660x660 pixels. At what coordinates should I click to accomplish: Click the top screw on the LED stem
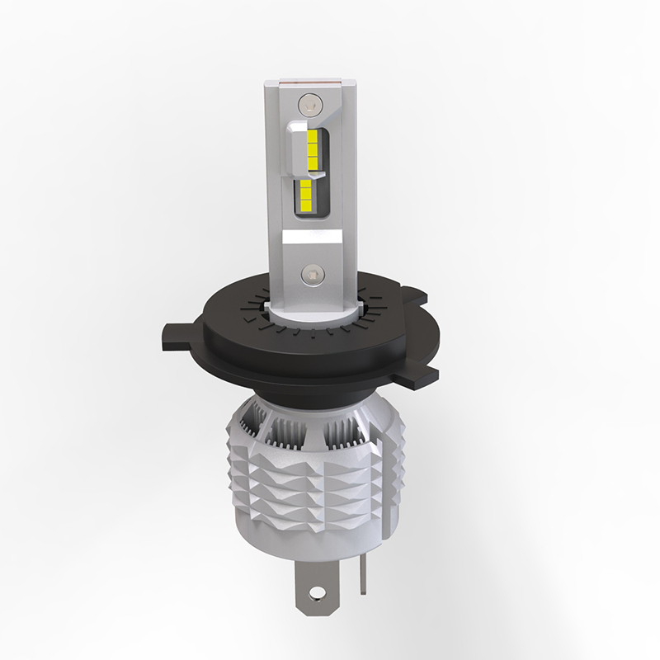tap(308, 104)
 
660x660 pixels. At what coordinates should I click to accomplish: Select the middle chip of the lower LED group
tap(304, 193)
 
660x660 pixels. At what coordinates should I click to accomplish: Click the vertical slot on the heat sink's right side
tap(381, 478)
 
